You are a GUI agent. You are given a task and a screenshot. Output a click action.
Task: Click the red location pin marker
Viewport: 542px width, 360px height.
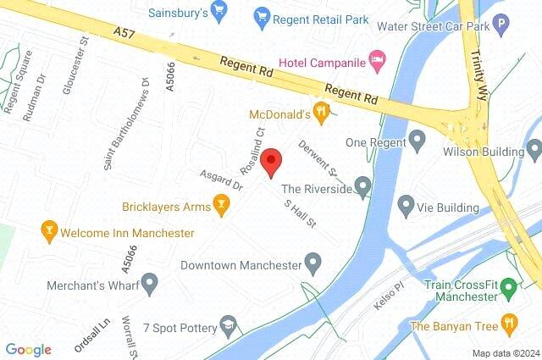click(270, 161)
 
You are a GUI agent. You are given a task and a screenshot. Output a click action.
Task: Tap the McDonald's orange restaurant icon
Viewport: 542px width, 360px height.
click(321, 110)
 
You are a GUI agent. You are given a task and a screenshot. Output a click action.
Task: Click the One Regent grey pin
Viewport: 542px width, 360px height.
click(417, 138)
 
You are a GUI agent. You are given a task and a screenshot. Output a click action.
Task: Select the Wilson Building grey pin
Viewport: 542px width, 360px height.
click(534, 150)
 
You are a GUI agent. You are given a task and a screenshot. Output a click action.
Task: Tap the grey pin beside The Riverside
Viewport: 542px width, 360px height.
click(363, 185)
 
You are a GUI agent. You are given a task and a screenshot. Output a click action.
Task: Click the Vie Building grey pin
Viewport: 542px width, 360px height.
click(406, 203)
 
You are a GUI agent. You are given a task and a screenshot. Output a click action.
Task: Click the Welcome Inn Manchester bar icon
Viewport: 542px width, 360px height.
click(49, 230)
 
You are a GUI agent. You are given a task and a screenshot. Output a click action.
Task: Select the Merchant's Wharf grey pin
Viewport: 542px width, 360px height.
click(150, 281)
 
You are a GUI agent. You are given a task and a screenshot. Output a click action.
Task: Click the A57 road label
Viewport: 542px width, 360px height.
click(125, 33)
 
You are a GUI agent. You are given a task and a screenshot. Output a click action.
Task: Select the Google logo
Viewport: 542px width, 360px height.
click(28, 349)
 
